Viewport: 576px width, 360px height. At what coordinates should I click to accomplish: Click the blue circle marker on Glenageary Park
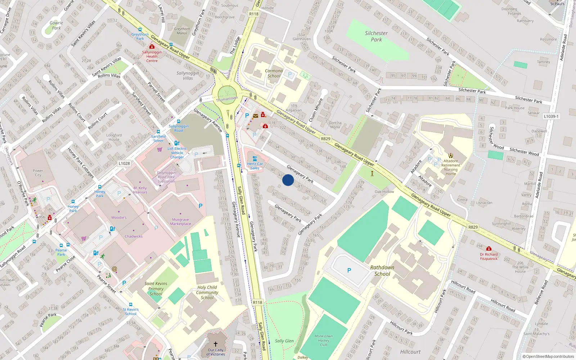(288, 180)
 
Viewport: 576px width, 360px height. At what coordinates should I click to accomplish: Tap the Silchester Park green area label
(376, 36)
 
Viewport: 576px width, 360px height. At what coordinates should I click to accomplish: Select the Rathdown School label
(382, 271)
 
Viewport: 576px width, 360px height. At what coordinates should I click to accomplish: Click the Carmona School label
(274, 73)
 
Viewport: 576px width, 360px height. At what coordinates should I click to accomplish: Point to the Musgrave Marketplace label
(180, 222)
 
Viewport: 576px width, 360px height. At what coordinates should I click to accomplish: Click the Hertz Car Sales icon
(255, 159)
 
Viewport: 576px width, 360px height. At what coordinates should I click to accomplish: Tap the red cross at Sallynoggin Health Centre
(152, 47)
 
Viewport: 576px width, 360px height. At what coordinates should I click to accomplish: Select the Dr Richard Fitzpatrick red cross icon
(489, 249)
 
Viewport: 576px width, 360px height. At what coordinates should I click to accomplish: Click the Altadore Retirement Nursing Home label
(451, 167)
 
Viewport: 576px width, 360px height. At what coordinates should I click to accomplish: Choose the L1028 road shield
(124, 163)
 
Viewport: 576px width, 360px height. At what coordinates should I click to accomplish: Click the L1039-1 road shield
(551, 117)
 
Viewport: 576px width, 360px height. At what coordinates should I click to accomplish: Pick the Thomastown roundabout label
(227, 99)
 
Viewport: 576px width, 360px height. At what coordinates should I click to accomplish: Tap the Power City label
(38, 173)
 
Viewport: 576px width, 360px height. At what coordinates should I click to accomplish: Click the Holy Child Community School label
(207, 292)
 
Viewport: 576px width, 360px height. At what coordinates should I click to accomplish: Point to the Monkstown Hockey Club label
(324, 340)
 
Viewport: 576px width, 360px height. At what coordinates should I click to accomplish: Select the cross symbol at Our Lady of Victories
(216, 344)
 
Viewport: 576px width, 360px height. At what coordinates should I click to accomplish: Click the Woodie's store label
(119, 217)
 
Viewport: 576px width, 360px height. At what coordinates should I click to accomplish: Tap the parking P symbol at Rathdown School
(349, 270)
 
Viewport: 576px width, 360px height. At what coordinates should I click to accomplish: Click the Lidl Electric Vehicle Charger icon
(176, 143)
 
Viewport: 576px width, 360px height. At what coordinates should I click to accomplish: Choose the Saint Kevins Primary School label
(156, 289)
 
